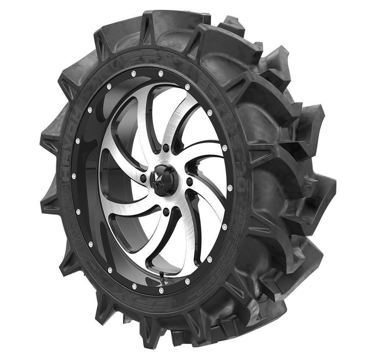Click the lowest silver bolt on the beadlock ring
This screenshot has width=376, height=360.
pyautogui.click(x=161, y=290)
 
